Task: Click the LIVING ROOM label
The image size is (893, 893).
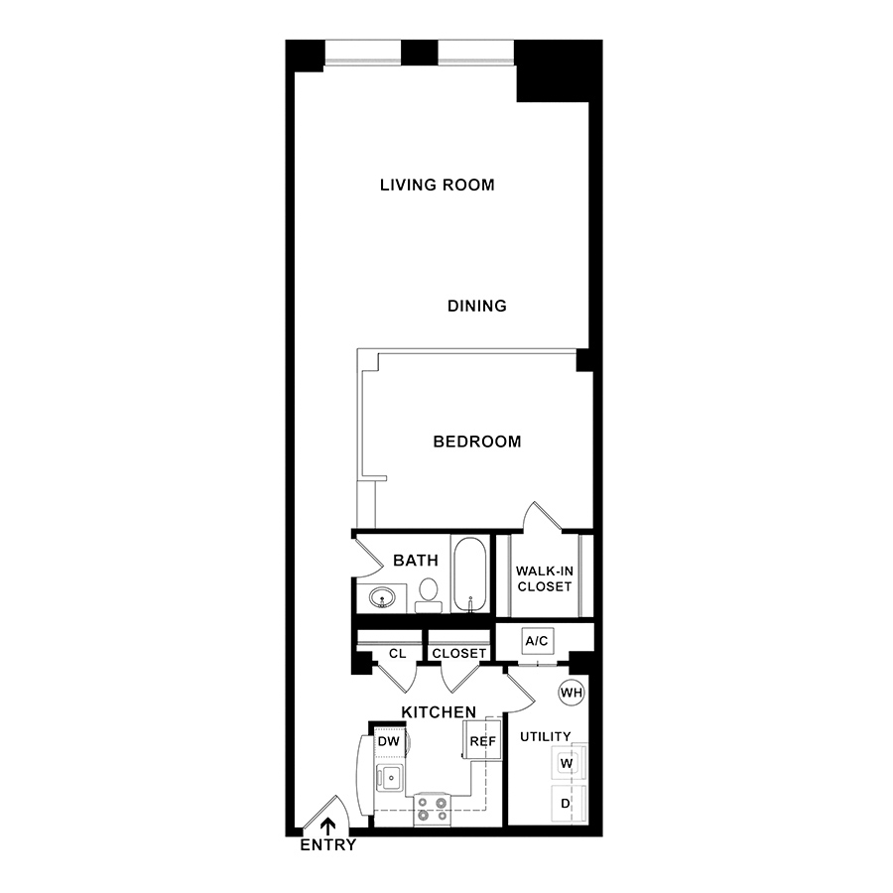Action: click(437, 185)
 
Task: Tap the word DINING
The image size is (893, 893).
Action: click(476, 306)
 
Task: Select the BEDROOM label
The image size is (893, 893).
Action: click(476, 442)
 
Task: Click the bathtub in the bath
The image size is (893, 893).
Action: click(470, 574)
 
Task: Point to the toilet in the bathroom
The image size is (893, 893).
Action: click(428, 595)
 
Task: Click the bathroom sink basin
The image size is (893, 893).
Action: click(382, 598)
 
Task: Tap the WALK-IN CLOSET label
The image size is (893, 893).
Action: click(545, 578)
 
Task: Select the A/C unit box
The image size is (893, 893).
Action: click(537, 641)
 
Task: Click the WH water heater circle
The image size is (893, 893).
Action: click(572, 693)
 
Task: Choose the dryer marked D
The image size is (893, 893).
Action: click(568, 804)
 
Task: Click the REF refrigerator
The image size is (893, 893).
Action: click(482, 740)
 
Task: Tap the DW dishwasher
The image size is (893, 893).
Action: click(390, 741)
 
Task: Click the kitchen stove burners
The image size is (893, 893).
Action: click(432, 810)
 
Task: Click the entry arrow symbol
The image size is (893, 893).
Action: click(327, 827)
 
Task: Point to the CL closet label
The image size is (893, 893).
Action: click(398, 653)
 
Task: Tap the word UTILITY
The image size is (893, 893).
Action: click(545, 736)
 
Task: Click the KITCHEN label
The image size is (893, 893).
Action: click(439, 711)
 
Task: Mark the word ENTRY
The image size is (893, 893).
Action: click(328, 845)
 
